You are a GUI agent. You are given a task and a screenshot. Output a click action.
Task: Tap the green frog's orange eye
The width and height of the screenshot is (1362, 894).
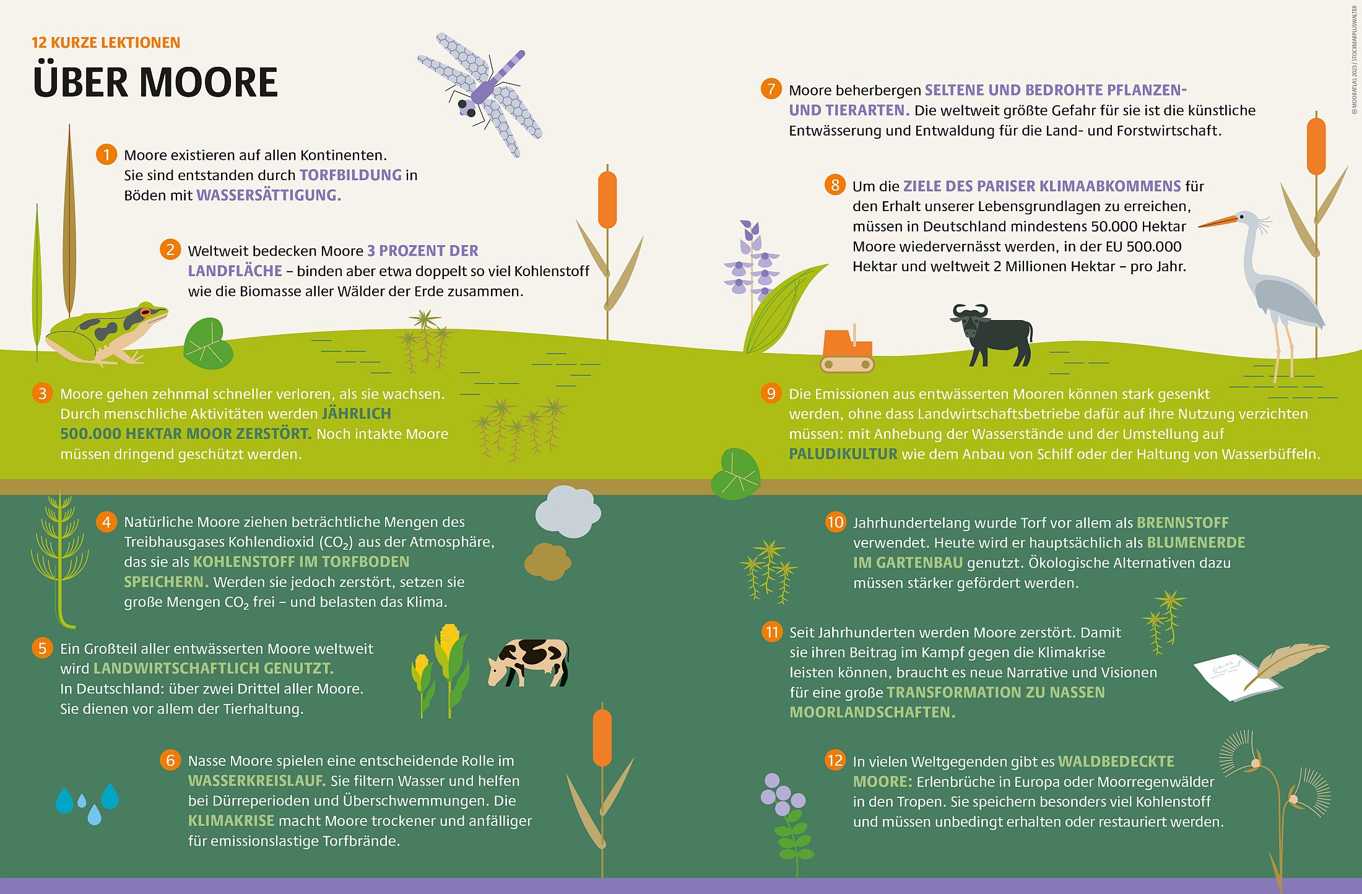click(145, 311)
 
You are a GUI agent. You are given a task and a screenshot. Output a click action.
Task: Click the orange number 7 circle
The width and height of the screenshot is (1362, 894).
click(771, 89)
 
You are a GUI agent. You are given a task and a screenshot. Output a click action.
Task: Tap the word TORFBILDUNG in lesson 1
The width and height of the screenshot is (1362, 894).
click(351, 175)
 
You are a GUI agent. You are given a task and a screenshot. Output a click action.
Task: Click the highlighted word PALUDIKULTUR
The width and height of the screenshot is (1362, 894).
click(843, 454)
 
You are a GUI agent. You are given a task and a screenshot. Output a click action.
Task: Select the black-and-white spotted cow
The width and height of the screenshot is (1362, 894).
click(528, 662)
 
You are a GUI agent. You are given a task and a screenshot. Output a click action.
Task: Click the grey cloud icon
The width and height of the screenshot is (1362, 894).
click(568, 511)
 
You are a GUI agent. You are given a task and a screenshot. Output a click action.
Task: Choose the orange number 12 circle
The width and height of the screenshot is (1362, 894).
click(835, 760)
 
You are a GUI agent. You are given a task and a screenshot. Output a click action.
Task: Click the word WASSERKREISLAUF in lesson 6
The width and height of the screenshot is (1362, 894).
click(256, 781)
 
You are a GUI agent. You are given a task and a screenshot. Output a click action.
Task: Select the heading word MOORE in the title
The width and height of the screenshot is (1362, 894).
click(209, 82)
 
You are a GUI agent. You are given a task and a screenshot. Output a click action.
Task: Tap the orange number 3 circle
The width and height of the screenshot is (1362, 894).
click(42, 394)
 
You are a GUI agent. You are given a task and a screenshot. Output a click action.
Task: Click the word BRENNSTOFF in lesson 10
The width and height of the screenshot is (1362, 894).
click(1182, 523)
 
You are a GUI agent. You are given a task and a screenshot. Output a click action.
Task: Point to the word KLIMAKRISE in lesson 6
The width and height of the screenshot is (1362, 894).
click(231, 821)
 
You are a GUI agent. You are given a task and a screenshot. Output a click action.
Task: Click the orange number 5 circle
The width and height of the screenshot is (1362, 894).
click(42, 648)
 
